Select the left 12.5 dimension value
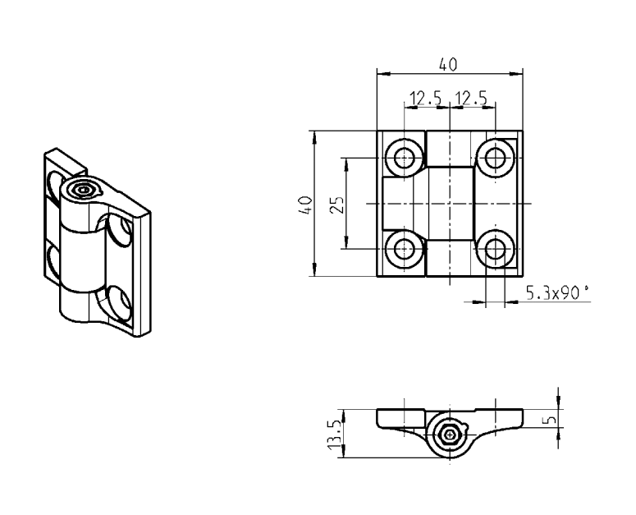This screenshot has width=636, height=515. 425,99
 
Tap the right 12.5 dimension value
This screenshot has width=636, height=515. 471,99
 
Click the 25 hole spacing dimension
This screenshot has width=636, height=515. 335,204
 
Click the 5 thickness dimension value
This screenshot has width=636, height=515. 552,418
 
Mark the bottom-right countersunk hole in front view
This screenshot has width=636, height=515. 494,248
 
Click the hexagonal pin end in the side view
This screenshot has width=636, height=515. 449,434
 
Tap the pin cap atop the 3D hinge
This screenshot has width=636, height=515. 83,190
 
